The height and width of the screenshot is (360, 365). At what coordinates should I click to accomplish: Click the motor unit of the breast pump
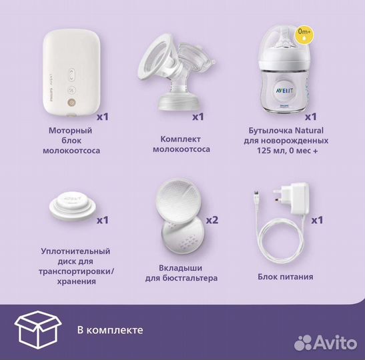pos(73,73)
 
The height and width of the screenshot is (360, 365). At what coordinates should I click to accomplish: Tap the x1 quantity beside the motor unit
pos(102,117)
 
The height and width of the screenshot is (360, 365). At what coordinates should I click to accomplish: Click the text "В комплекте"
pos(109,329)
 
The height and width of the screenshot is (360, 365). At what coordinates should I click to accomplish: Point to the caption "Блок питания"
pos(284,276)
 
